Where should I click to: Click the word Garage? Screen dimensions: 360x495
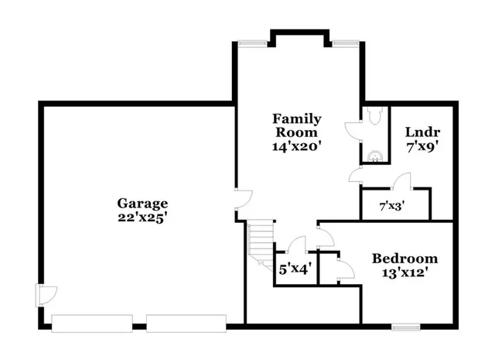pyautogui.click(x=142, y=204)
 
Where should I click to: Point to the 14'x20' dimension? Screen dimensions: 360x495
pyautogui.click(x=296, y=145)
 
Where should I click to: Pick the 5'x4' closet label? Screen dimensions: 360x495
pyautogui.click(x=295, y=270)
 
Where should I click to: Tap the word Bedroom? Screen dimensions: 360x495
pyautogui.click(x=405, y=259)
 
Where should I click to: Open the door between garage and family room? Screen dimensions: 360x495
pyautogui.click(x=242, y=200)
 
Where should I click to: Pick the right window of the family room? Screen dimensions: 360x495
pyautogui.click(x=344, y=43)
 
